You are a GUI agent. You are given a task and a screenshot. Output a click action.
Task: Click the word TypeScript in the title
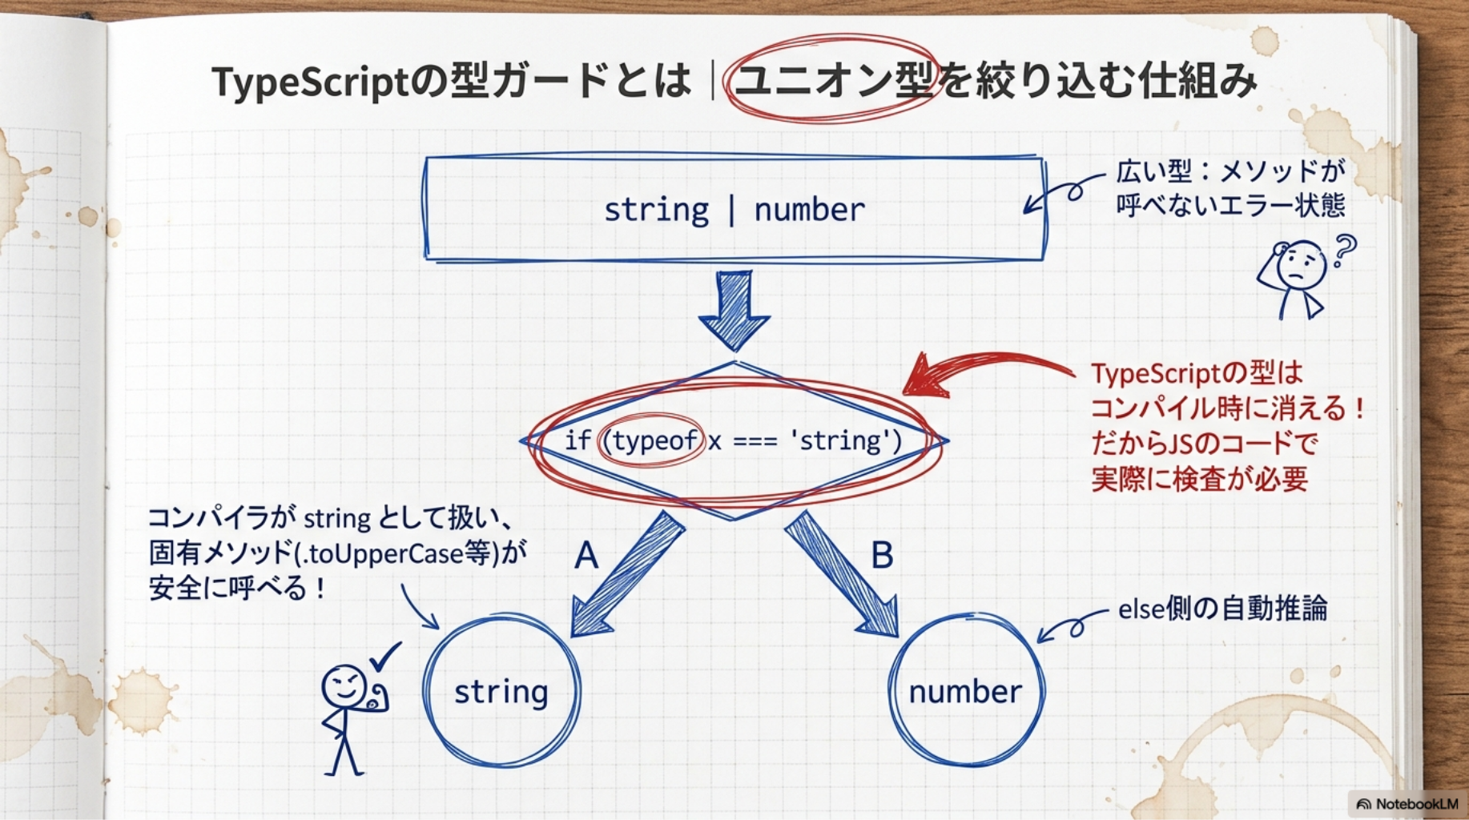coord(310,81)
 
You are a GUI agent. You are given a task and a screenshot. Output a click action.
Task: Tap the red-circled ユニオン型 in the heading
coord(834,80)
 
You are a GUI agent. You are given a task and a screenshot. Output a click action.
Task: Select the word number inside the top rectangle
coord(809,210)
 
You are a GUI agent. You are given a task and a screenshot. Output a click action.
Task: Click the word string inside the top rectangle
coord(656,211)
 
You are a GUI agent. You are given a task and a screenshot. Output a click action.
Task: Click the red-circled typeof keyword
coord(654,440)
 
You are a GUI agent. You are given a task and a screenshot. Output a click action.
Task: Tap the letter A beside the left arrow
coord(586,555)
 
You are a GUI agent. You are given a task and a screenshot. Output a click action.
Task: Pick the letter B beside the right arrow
coord(882,555)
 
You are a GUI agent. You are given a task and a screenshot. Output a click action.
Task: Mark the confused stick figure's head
coord(1301,263)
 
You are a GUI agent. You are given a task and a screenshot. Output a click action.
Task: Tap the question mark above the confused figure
coord(1342,250)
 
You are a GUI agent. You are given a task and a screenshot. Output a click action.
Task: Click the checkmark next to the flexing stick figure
coord(384,656)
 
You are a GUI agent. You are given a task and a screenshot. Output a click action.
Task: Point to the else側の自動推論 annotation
coord(1222,609)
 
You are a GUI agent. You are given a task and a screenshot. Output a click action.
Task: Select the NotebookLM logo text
coord(1417,804)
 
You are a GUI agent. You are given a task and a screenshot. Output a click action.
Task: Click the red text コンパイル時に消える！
coord(1228,408)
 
